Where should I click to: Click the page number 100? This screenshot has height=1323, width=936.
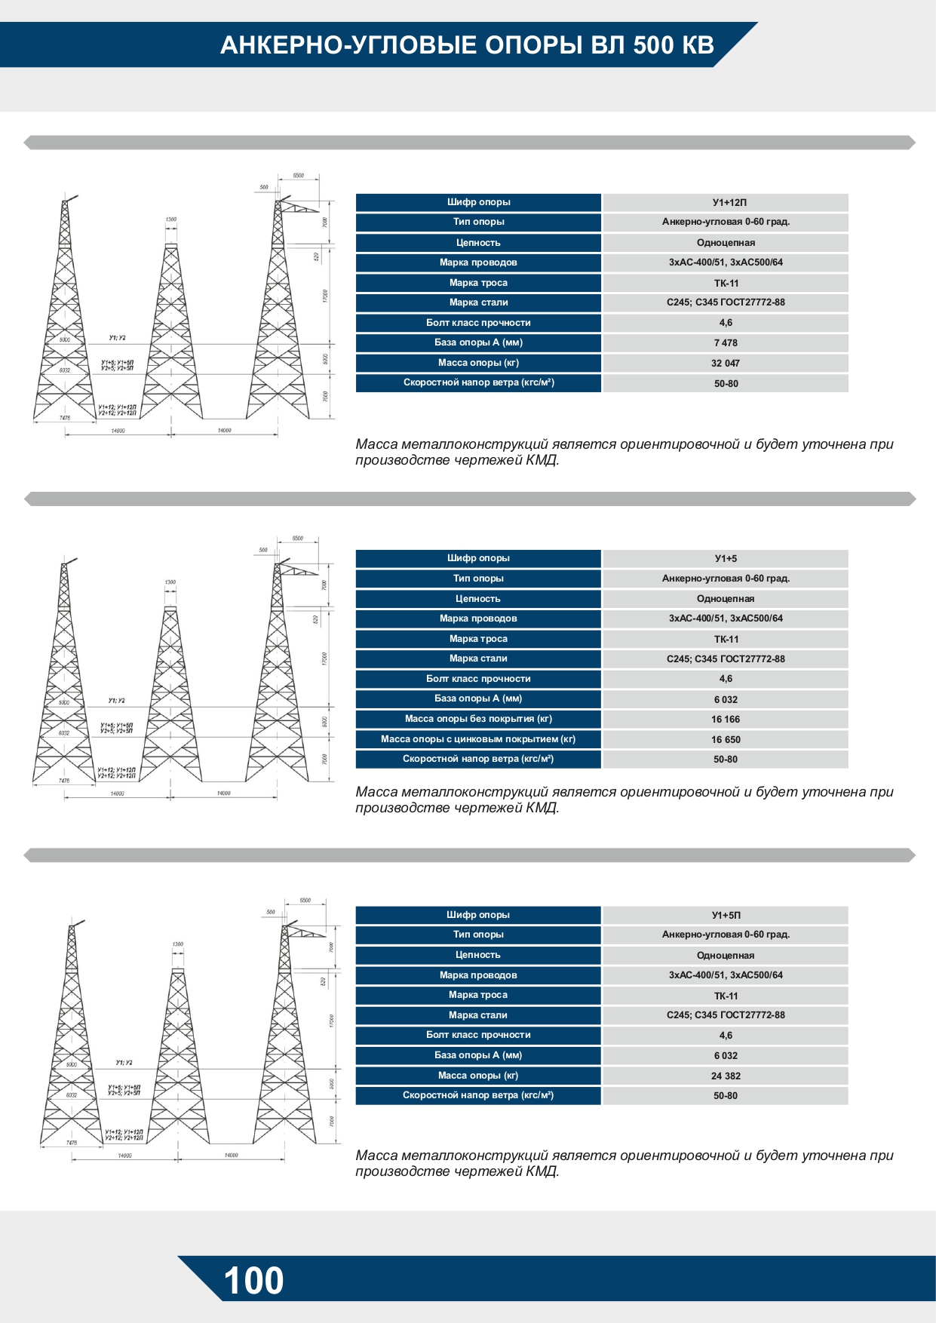pos(253,1281)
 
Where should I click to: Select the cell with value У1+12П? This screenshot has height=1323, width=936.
pos(726,202)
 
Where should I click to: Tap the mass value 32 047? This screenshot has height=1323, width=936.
pos(726,363)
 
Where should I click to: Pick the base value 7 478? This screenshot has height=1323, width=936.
pos(726,342)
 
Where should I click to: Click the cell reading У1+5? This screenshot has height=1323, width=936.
pos(726,558)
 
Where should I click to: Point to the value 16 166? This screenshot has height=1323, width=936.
pos(726,719)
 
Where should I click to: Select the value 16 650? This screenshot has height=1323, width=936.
pos(726,739)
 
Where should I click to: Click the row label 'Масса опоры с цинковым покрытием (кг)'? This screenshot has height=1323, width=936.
pos(478,739)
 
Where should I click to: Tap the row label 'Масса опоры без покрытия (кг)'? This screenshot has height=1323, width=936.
pos(478,719)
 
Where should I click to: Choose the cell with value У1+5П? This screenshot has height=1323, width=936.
pos(726,915)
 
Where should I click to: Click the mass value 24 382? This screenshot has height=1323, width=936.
pos(726,1076)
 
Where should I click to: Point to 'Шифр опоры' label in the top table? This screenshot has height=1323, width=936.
pos(478,202)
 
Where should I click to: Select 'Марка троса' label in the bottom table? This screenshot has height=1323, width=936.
pos(478,995)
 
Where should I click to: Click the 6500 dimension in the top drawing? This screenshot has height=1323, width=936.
pos(299,176)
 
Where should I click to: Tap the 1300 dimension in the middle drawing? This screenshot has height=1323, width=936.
pos(170,582)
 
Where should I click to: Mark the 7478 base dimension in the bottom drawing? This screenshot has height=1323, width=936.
pos(72,1143)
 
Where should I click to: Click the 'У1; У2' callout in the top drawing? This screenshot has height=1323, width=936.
pos(117,338)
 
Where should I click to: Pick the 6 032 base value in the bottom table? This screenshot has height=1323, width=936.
pos(726,1055)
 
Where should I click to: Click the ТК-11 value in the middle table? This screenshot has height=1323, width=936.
pos(726,639)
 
